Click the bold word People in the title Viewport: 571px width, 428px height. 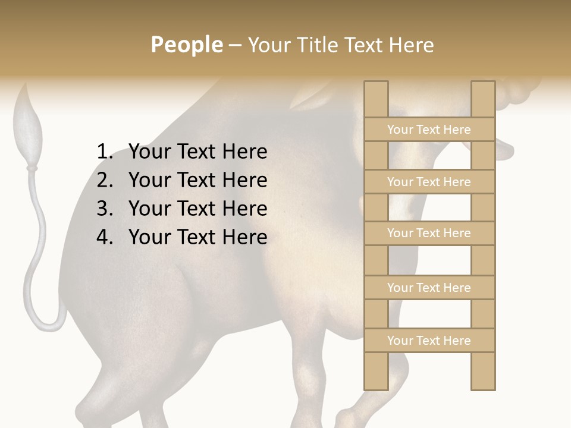pyautogui.click(x=186, y=45)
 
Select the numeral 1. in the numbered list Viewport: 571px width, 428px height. pyautogui.click(x=105, y=152)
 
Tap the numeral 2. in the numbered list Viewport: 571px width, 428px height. pyautogui.click(x=105, y=180)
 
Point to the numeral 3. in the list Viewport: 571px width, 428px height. pyautogui.click(x=105, y=209)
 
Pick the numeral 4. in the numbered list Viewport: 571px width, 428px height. pyautogui.click(x=105, y=237)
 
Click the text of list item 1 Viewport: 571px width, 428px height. pyautogui.click(x=197, y=152)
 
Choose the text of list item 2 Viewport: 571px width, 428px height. pyautogui.click(x=197, y=180)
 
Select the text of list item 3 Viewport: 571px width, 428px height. pyautogui.click(x=197, y=209)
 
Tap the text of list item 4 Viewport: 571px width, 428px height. pyautogui.click(x=197, y=237)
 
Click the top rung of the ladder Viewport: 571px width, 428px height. pyautogui.click(x=429, y=130)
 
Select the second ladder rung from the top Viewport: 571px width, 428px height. pyautogui.click(x=429, y=182)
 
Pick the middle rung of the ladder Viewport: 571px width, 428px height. pyautogui.click(x=429, y=233)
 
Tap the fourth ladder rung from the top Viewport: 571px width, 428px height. pyautogui.click(x=429, y=288)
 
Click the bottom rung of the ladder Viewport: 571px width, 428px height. pyautogui.click(x=429, y=341)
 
